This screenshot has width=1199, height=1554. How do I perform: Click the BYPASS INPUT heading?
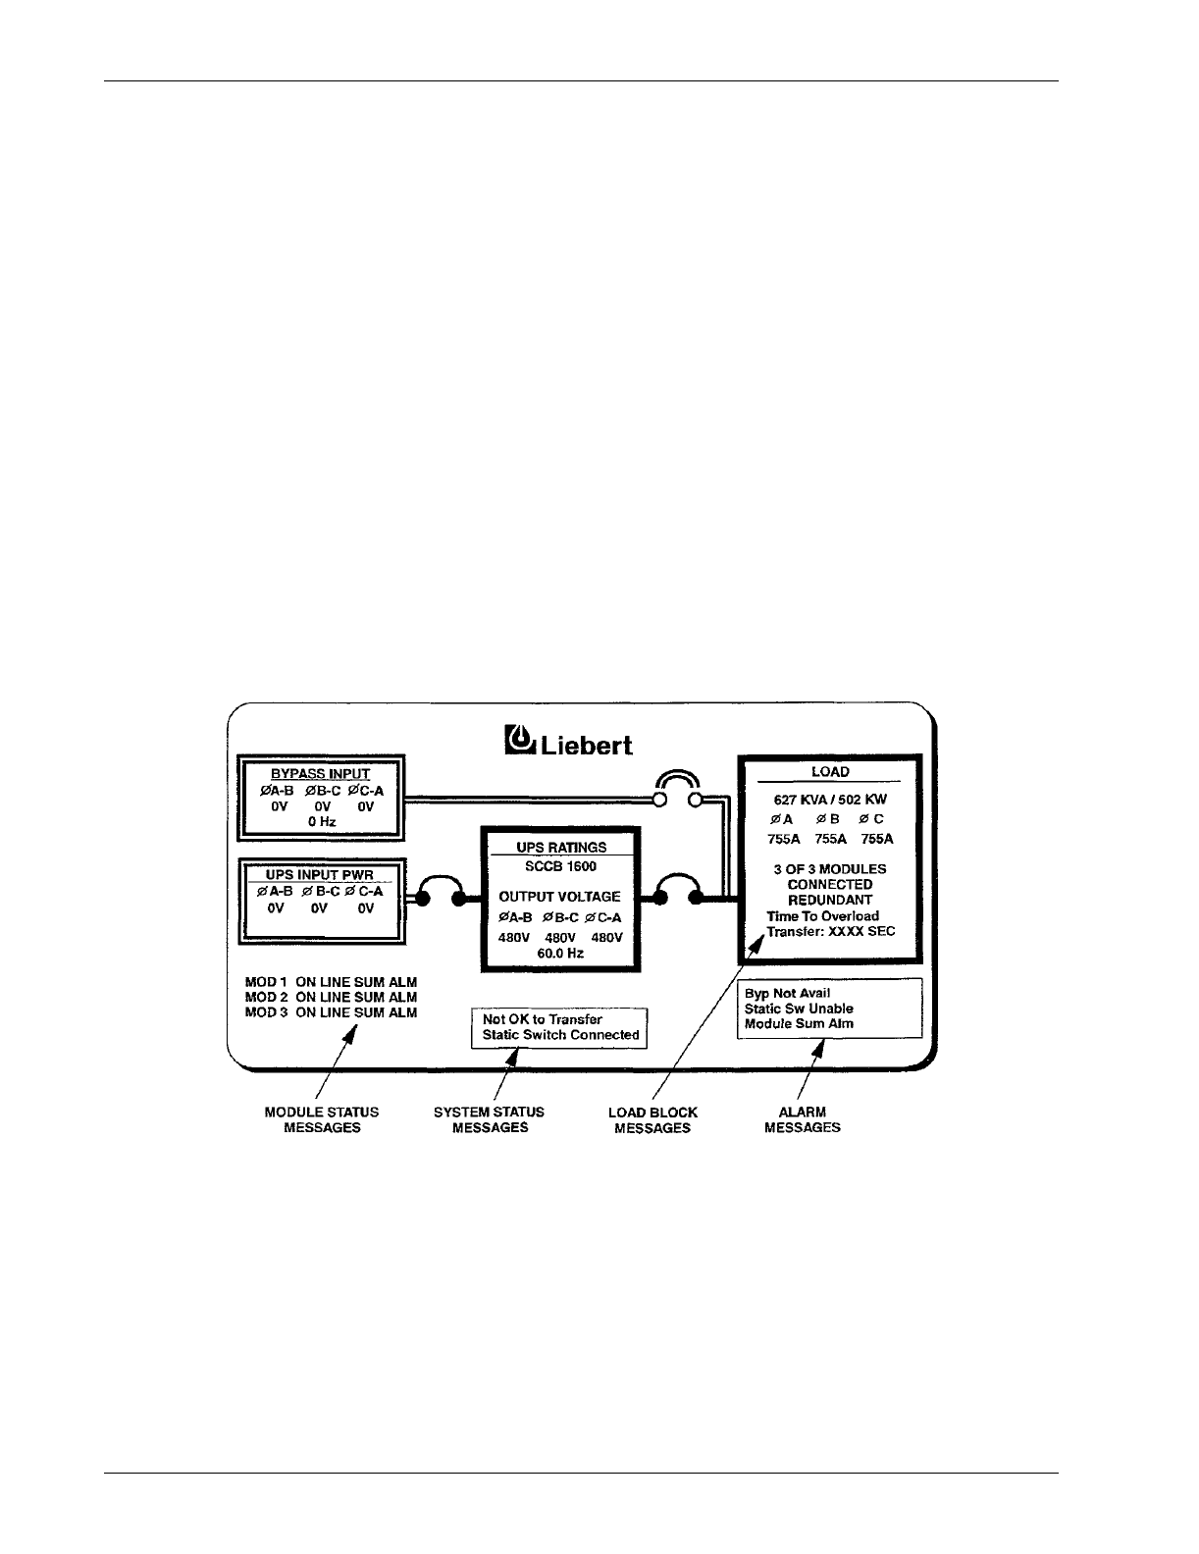[321, 774]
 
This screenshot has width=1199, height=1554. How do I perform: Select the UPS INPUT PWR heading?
[321, 875]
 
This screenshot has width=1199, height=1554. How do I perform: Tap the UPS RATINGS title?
[561, 847]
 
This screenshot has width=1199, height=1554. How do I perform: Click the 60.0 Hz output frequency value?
[560, 953]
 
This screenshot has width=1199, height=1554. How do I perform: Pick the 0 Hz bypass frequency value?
[321, 821]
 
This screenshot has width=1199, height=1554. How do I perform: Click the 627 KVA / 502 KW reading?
[830, 800]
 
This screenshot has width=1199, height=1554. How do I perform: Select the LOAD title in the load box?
[830, 771]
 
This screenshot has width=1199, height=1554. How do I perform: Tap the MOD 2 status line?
[331, 997]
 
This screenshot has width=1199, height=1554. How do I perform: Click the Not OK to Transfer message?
[543, 1019]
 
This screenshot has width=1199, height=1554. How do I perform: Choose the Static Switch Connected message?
[560, 1035]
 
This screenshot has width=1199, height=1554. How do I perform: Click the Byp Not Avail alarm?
[787, 993]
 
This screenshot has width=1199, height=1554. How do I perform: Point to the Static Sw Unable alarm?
[799, 1009]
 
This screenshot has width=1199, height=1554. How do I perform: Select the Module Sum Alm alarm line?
[799, 1023]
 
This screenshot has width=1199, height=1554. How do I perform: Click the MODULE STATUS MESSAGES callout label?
[322, 1119]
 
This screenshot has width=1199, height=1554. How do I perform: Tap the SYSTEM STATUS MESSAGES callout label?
[490, 1119]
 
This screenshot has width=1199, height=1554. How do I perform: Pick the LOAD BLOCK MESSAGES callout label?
[652, 1120]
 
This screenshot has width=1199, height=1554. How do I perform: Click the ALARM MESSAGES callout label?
[802, 1119]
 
